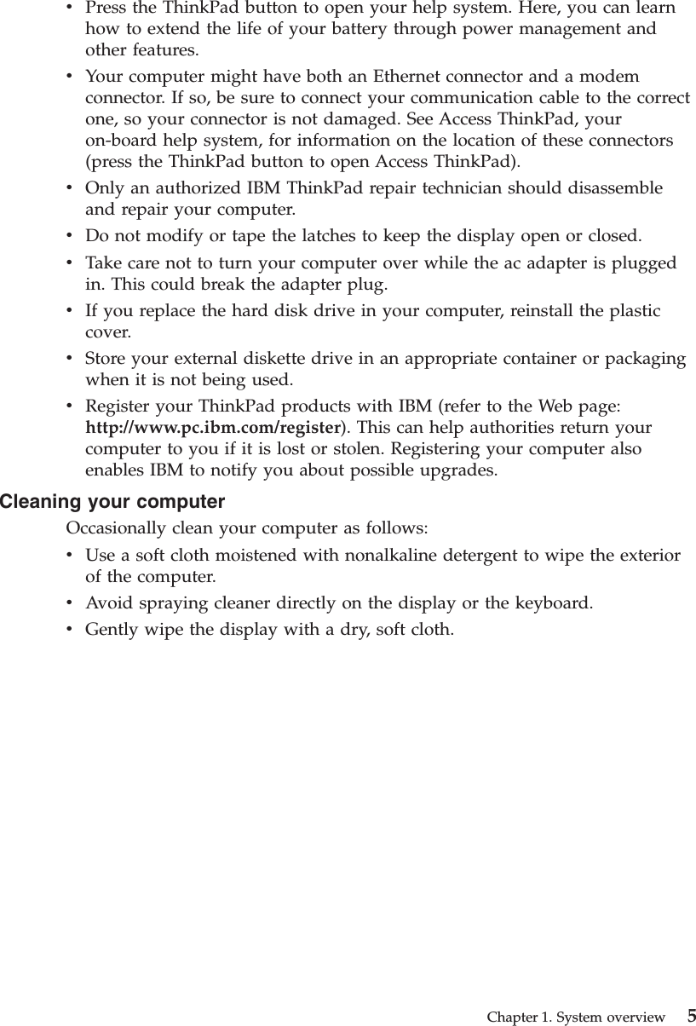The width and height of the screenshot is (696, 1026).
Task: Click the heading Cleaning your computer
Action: pos(112,501)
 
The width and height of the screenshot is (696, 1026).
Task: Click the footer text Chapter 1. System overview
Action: pos(576,1017)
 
